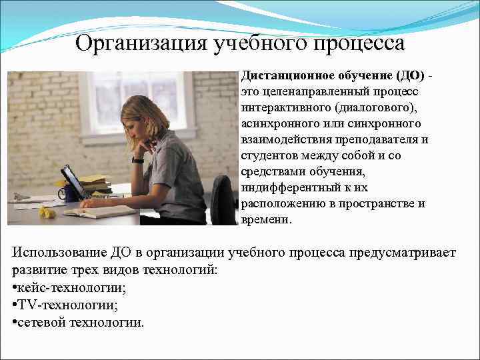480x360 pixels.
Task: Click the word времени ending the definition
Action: pos(265,219)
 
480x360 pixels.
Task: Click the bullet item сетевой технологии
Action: pos(79,323)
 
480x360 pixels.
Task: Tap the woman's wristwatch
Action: pos(138,160)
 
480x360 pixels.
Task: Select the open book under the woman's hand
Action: pos(100,211)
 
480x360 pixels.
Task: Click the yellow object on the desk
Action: pos(46,211)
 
